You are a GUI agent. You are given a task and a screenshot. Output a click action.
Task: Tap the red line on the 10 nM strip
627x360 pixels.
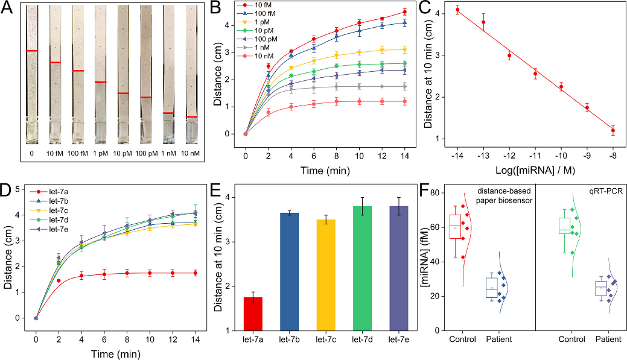192,117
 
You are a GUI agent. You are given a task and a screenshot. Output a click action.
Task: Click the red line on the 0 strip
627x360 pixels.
32,51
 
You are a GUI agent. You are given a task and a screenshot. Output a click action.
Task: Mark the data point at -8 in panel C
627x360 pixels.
613,130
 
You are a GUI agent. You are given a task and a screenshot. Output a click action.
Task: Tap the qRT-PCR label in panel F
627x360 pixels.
603,193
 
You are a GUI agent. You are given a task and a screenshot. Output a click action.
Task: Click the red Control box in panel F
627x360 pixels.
455,227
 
